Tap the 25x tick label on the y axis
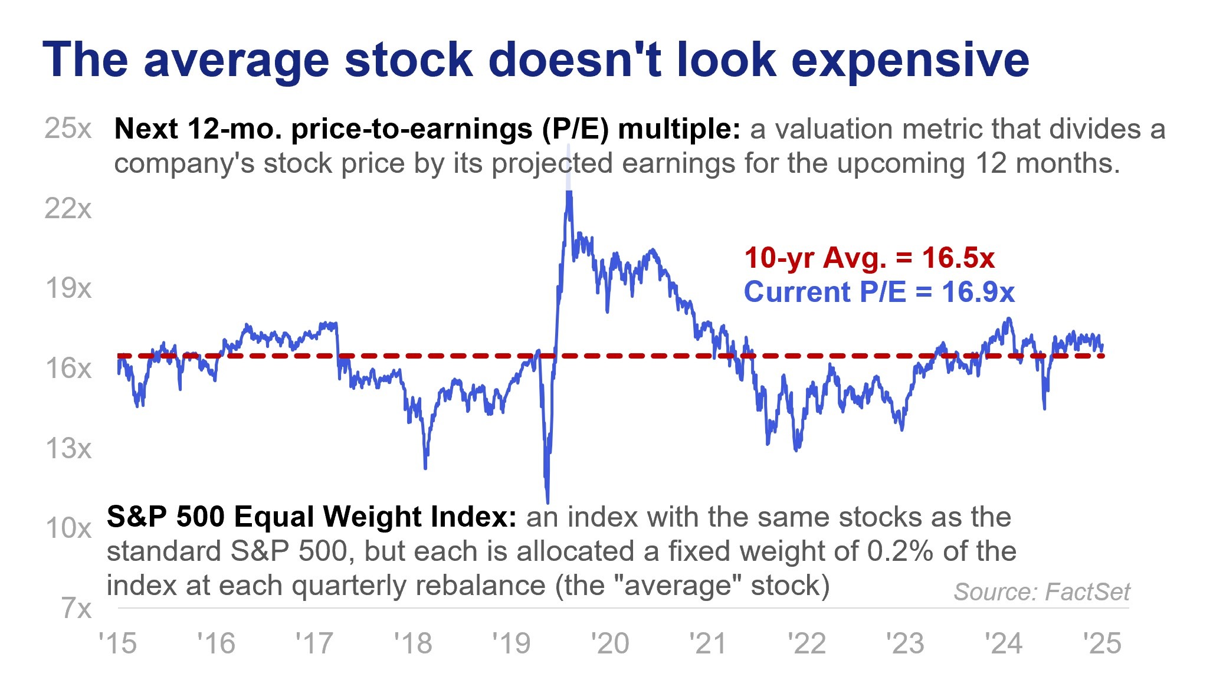(68, 129)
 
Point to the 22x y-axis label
(68, 209)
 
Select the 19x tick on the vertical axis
(68, 289)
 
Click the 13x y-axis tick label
(68, 449)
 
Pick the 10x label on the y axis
(68, 528)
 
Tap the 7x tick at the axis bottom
(76, 608)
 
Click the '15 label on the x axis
(117, 643)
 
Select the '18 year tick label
(413, 643)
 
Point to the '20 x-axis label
(610, 643)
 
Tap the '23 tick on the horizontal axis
(905, 643)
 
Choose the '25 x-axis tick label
(1102, 643)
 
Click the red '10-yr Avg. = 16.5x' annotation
(869, 258)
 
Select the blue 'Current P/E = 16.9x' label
(879, 293)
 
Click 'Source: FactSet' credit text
(1041, 592)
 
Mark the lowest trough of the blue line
(548, 502)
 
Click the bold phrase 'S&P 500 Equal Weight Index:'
(312, 517)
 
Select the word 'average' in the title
(236, 61)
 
